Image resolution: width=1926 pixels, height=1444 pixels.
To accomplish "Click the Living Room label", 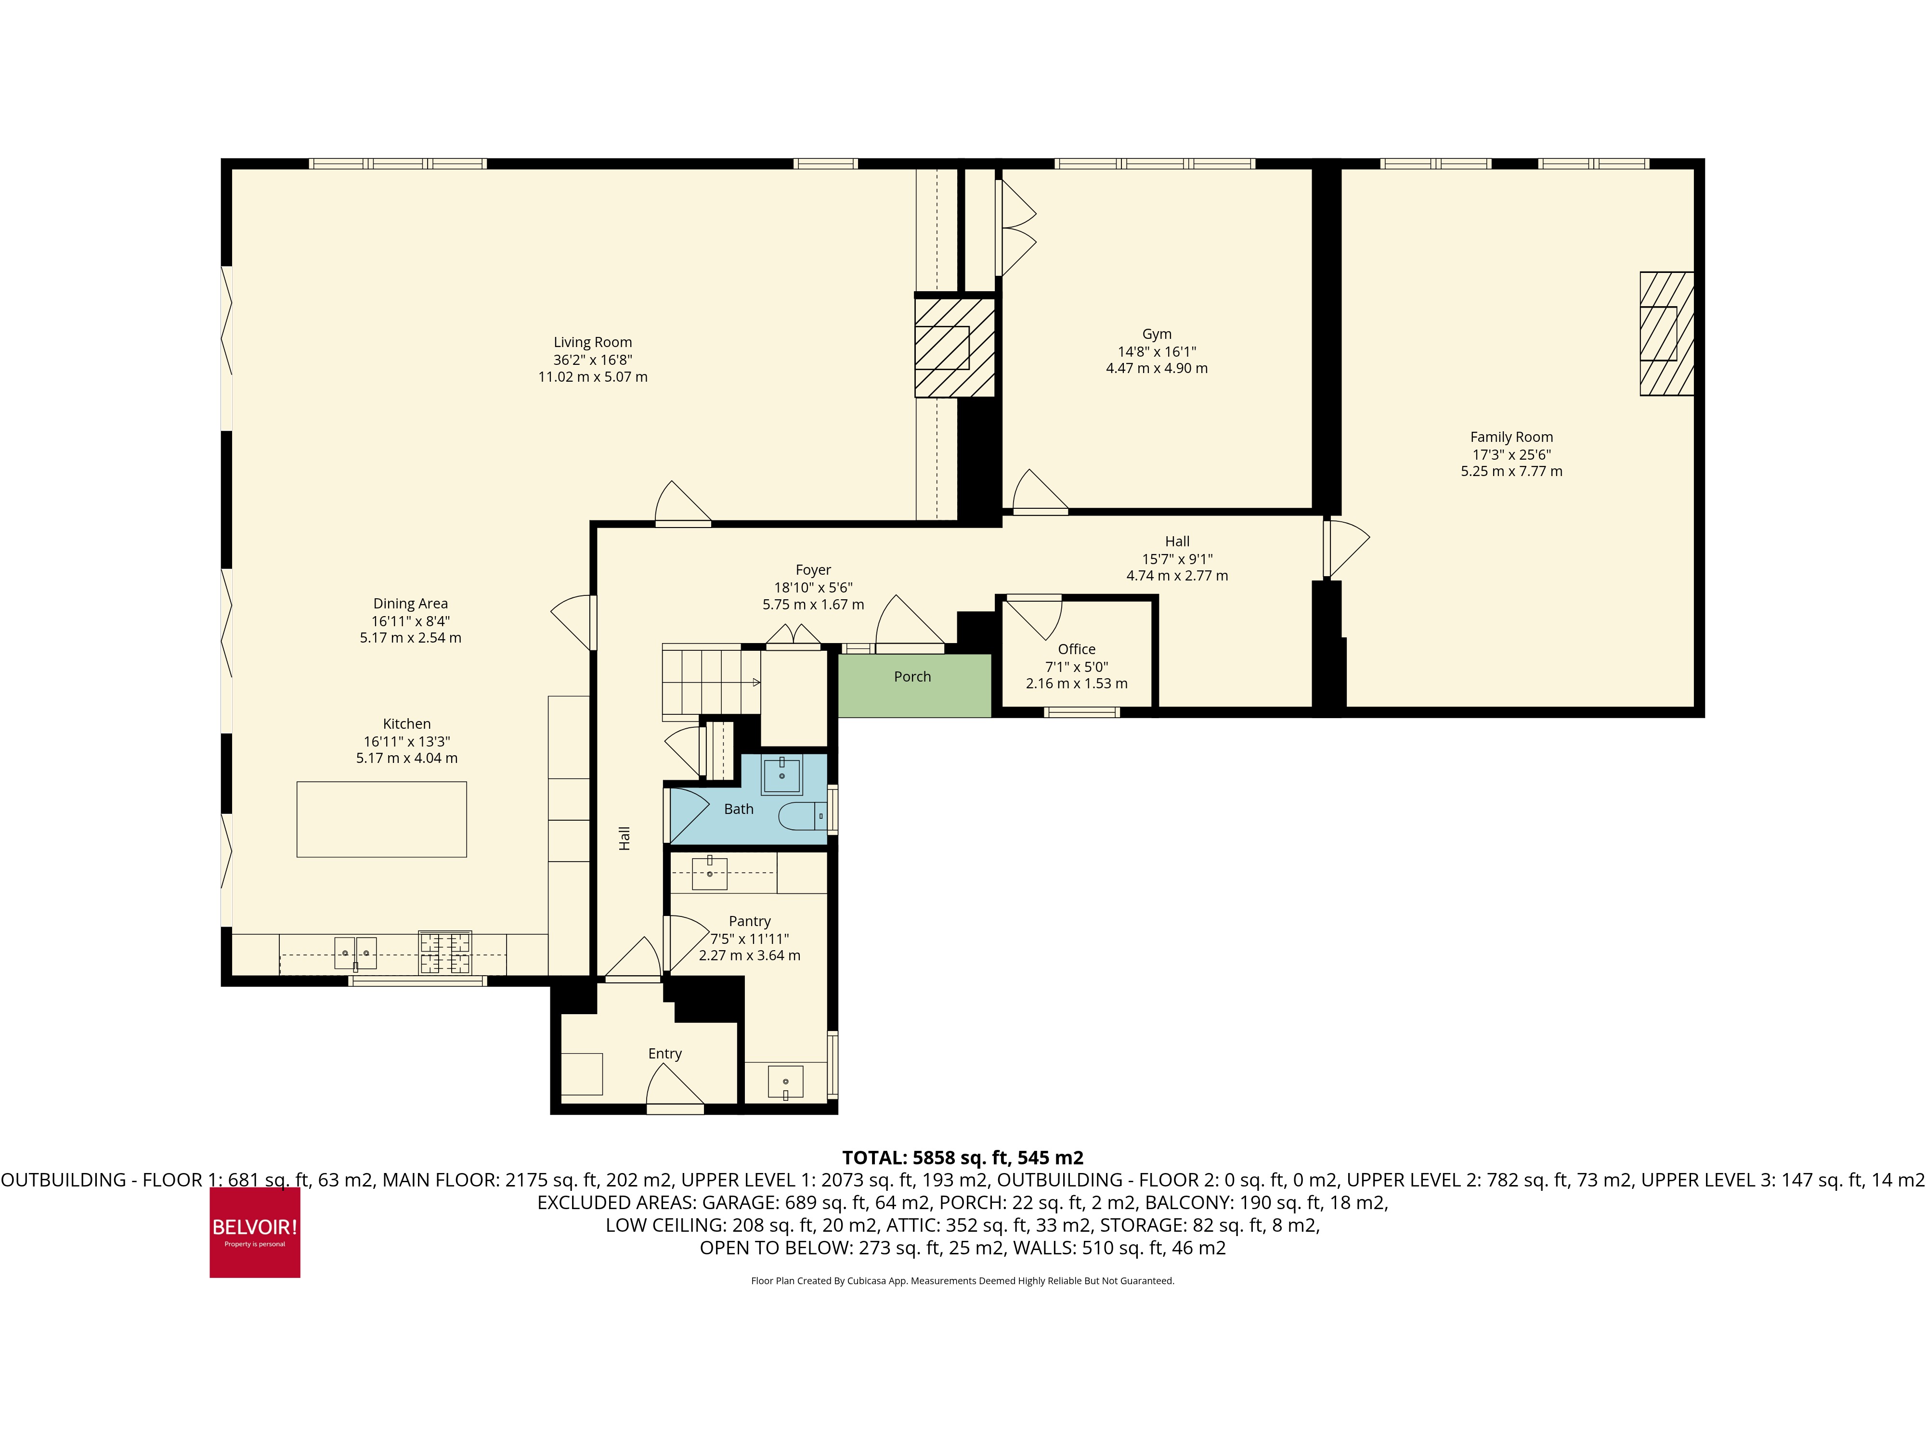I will coord(592,342).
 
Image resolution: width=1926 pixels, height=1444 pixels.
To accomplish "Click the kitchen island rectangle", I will coord(381,819).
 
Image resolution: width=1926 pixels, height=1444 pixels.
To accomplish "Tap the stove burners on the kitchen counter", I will coord(445,952).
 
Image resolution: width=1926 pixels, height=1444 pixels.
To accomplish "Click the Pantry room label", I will coord(750,921).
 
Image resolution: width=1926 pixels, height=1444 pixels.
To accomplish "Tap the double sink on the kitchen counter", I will coord(355,953).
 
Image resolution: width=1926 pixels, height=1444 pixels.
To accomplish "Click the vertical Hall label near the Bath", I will coord(625,838).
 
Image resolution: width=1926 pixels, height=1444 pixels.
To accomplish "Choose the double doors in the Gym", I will coord(1015,228).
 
